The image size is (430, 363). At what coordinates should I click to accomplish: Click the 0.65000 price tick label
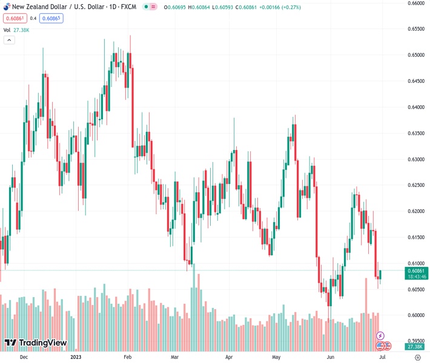[415, 55]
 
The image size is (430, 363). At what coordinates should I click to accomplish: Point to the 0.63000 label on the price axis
[415, 159]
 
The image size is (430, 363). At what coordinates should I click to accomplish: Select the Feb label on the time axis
[127, 357]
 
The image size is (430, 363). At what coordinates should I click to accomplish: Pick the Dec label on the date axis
[24, 357]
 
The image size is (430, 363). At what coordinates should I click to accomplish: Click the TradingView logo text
[42, 343]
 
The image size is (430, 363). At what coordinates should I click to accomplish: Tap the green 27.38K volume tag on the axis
[415, 346]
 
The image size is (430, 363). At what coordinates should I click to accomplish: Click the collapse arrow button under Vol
[9, 40]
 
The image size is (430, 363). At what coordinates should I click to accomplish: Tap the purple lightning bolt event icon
[380, 335]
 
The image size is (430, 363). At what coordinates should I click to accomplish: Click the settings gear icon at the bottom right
[417, 357]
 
